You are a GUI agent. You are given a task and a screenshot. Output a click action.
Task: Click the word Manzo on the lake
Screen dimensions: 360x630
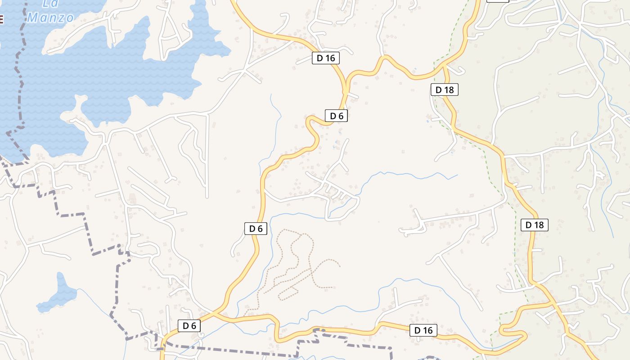(50, 18)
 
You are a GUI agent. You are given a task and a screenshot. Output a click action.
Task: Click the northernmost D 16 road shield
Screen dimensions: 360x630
(325, 58)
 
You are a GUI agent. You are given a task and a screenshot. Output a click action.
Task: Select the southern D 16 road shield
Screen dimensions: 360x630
(423, 330)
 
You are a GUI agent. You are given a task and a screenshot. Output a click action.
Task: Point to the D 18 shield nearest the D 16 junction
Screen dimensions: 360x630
(445, 90)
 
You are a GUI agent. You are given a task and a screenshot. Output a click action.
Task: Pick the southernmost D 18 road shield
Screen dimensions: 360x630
(535, 225)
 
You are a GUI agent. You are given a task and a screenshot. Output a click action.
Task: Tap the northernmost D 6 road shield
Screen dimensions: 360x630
(336, 116)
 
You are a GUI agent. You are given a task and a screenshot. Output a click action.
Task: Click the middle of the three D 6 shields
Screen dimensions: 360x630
(256, 229)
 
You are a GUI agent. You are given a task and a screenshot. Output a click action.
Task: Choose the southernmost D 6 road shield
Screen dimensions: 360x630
(189, 326)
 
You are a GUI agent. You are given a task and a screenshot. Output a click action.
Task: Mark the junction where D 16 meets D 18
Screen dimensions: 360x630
(444, 67)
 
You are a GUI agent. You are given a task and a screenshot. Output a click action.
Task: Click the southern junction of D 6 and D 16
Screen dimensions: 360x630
(215, 314)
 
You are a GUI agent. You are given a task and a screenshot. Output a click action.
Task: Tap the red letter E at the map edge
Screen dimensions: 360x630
(1, 19)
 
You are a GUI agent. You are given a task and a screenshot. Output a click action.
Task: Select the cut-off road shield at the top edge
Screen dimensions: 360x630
(498, 1)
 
